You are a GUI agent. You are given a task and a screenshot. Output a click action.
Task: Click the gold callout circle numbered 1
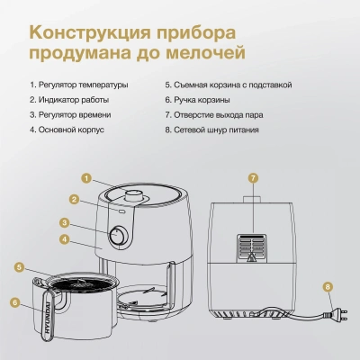click(86, 177)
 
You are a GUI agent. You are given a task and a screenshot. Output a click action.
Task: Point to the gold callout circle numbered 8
click(328, 288)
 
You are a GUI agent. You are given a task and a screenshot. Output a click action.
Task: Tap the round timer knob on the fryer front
click(116, 238)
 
